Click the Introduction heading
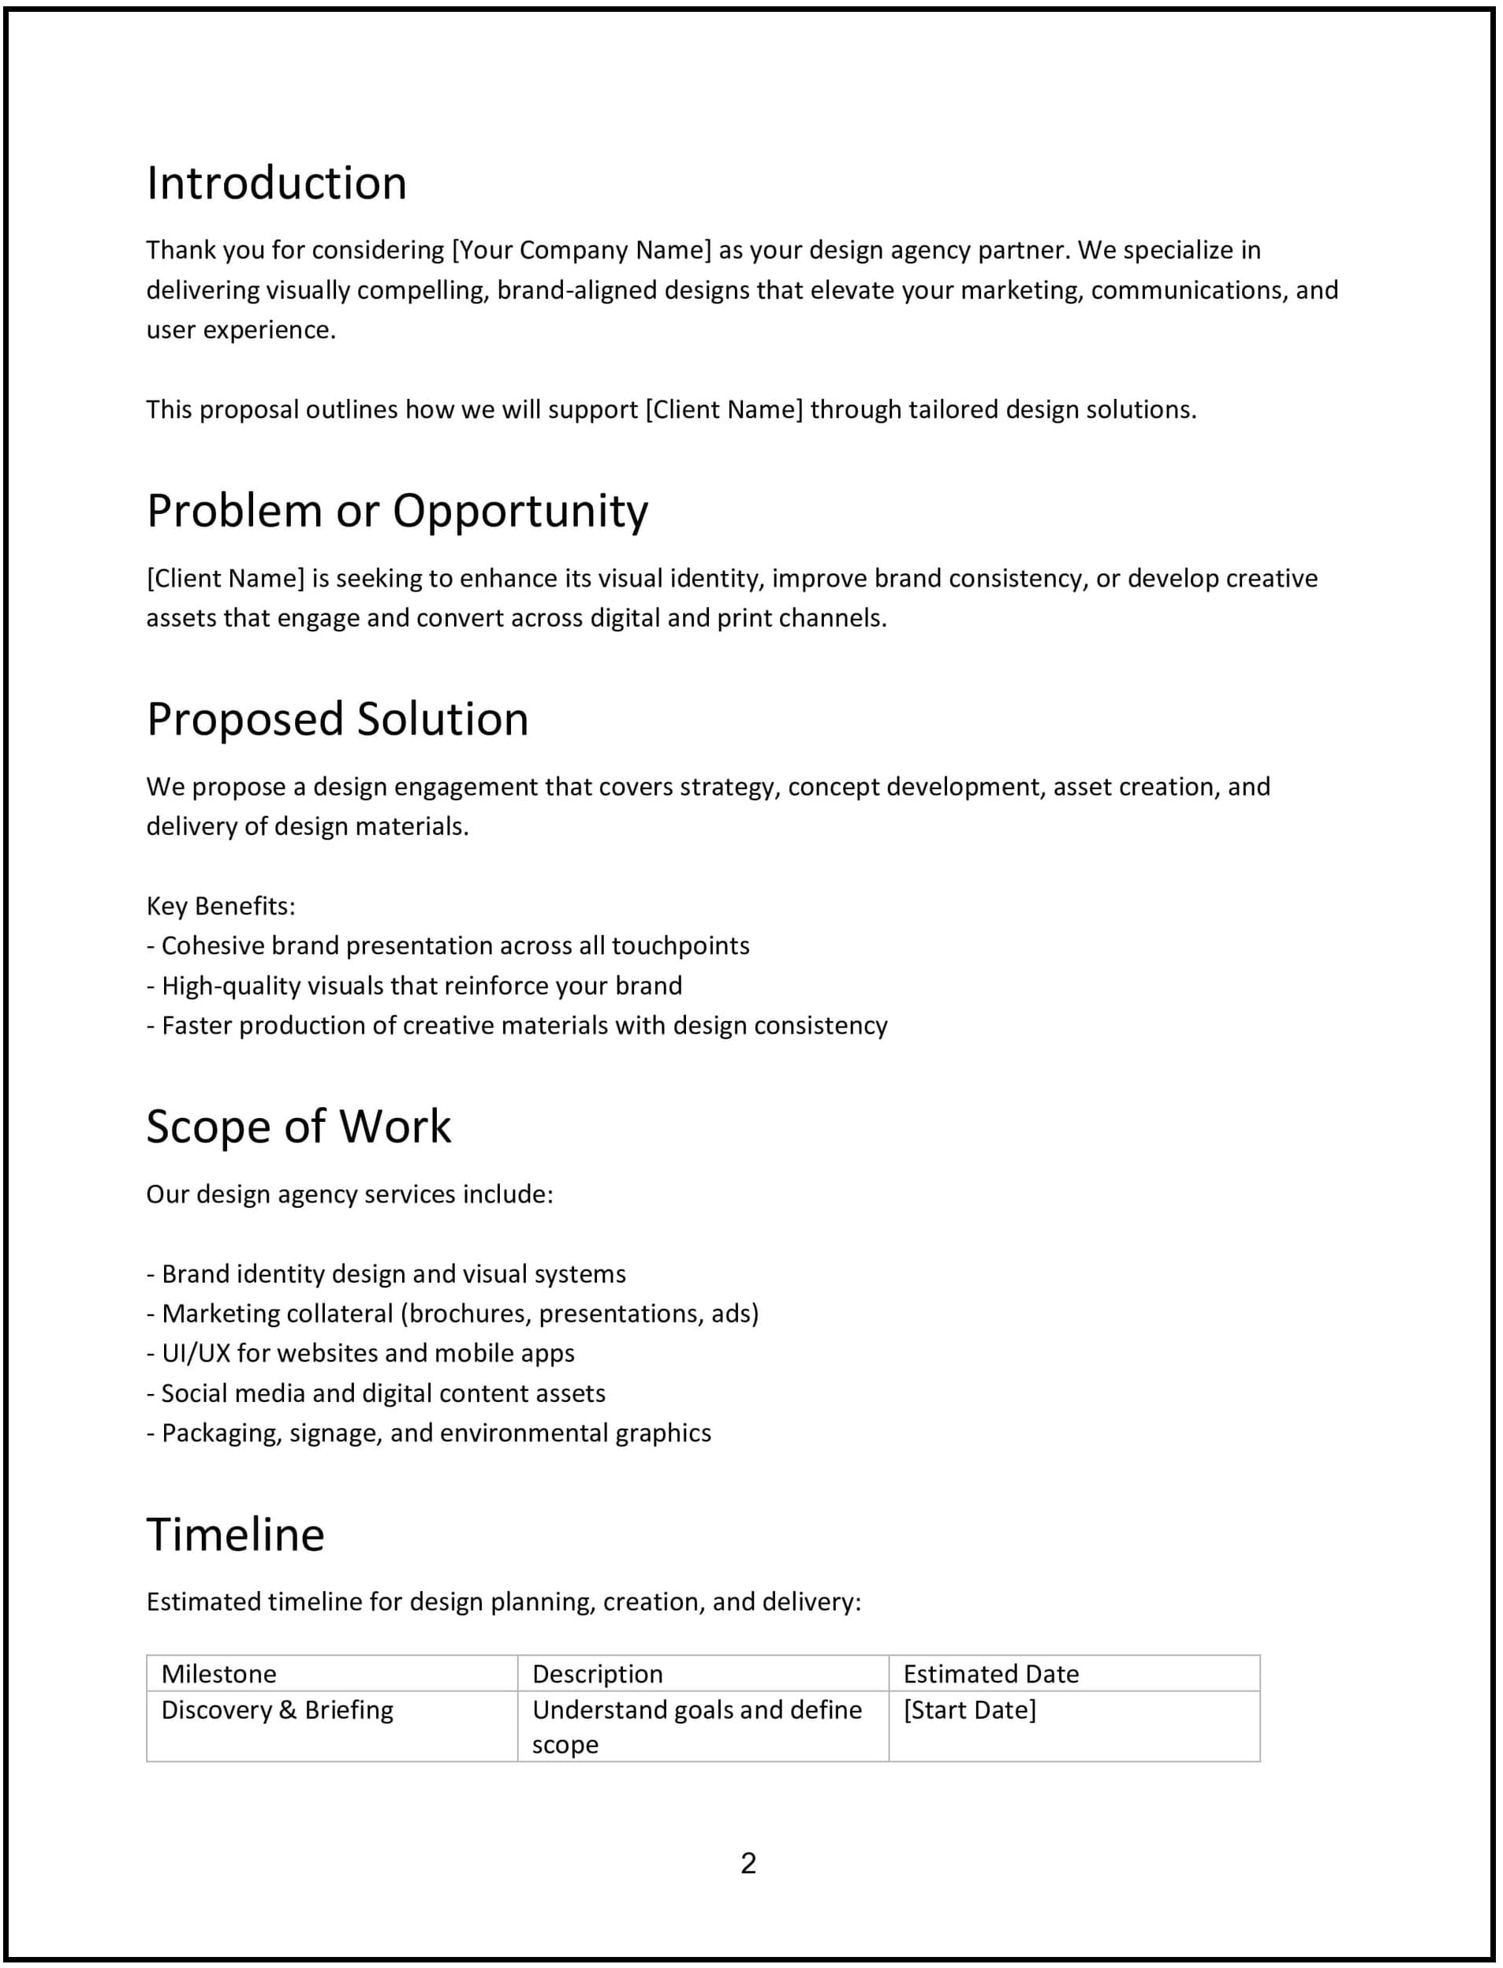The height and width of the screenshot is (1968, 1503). click(277, 184)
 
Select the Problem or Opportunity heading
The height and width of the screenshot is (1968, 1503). click(397, 512)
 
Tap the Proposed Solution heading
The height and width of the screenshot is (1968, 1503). click(338, 720)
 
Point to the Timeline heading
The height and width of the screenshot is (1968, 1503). click(235, 1535)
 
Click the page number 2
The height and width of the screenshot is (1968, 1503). click(749, 1863)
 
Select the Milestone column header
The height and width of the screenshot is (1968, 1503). click(218, 1674)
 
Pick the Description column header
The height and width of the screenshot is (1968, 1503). click(598, 1674)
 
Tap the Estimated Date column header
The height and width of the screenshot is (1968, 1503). click(990, 1674)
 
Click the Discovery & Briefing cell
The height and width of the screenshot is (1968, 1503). click(278, 1710)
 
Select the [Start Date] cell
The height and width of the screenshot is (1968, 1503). click(970, 1710)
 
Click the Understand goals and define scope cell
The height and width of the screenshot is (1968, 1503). click(696, 1727)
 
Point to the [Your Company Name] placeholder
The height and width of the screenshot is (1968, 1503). click(581, 250)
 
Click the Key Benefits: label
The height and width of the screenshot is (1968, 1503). click(221, 906)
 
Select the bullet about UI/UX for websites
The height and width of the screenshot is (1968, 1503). click(360, 1354)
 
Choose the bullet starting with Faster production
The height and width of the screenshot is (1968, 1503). click(517, 1025)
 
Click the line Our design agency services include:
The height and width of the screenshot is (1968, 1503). click(350, 1195)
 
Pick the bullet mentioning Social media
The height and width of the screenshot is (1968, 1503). click(375, 1394)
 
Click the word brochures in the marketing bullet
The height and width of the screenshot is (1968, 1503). click(468, 1314)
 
